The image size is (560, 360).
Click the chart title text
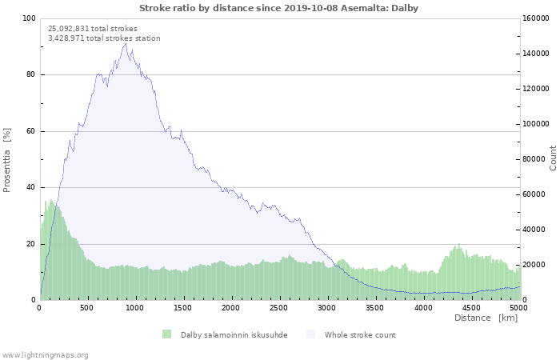click(x=278, y=8)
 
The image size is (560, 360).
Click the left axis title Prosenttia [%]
click(x=7, y=159)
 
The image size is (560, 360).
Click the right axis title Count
click(x=553, y=158)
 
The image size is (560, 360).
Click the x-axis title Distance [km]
click(x=486, y=318)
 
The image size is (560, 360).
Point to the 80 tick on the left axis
click(x=30, y=75)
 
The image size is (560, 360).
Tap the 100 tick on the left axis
click(x=29, y=18)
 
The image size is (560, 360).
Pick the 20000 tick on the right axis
click(x=535, y=265)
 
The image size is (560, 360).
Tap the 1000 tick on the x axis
click(x=135, y=307)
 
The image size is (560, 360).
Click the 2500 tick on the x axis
click(x=279, y=307)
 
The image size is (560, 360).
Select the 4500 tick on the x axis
click(x=471, y=307)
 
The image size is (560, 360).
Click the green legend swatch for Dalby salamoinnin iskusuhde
click(x=166, y=334)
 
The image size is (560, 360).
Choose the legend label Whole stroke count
click(x=360, y=334)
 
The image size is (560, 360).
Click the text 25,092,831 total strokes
click(x=93, y=29)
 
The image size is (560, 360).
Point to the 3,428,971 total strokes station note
click(x=104, y=38)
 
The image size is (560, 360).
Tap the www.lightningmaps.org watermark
click(x=45, y=354)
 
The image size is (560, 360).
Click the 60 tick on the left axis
click(x=30, y=131)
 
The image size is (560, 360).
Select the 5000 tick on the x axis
click(x=518, y=307)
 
